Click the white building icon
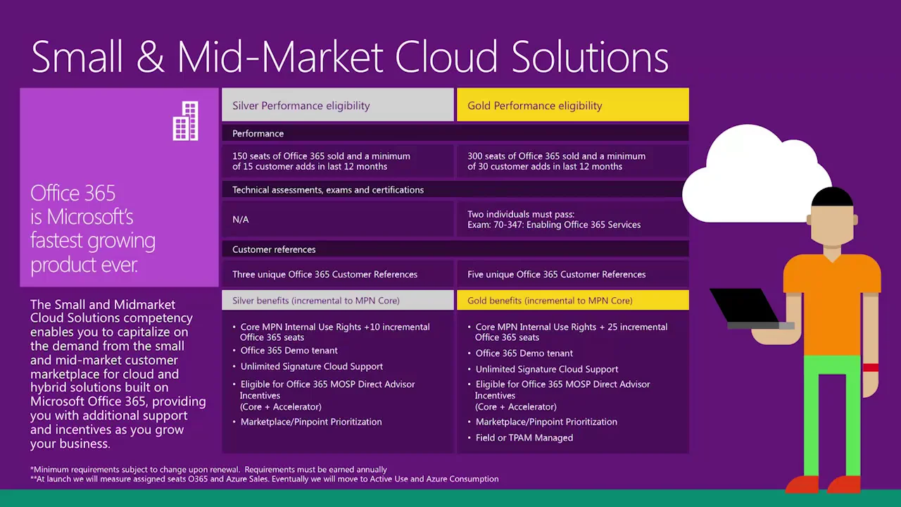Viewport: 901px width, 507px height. pyautogui.click(x=186, y=121)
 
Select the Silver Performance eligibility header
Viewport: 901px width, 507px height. pyautogui.click(x=301, y=106)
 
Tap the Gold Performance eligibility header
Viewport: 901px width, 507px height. pyautogui.click(x=535, y=106)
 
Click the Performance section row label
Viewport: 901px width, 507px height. pyautogui.click(x=258, y=134)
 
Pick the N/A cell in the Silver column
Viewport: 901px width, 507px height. pyautogui.click(x=241, y=220)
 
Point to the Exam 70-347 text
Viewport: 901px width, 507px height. pyautogui.click(x=554, y=225)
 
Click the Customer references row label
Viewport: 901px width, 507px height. pyautogui.click(x=274, y=249)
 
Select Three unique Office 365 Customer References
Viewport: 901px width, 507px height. pyautogui.click(x=325, y=275)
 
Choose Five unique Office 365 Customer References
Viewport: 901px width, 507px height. pyautogui.click(x=556, y=275)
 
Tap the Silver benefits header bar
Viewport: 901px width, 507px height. pyautogui.click(x=316, y=301)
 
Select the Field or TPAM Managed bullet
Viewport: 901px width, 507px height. pyautogui.click(x=524, y=438)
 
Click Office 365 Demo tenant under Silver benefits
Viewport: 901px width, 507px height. pyautogui.click(x=289, y=351)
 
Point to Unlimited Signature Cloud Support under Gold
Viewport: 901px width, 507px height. pyautogui.click(x=546, y=369)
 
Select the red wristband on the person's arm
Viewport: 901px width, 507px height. pyautogui.click(x=871, y=368)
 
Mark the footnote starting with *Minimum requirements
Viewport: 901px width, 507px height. pyautogui.click(x=208, y=470)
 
